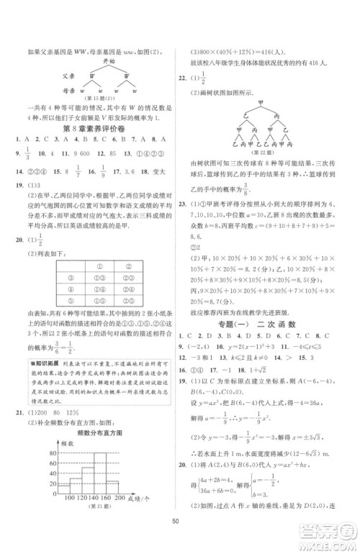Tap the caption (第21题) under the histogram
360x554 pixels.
coord(96,508)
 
